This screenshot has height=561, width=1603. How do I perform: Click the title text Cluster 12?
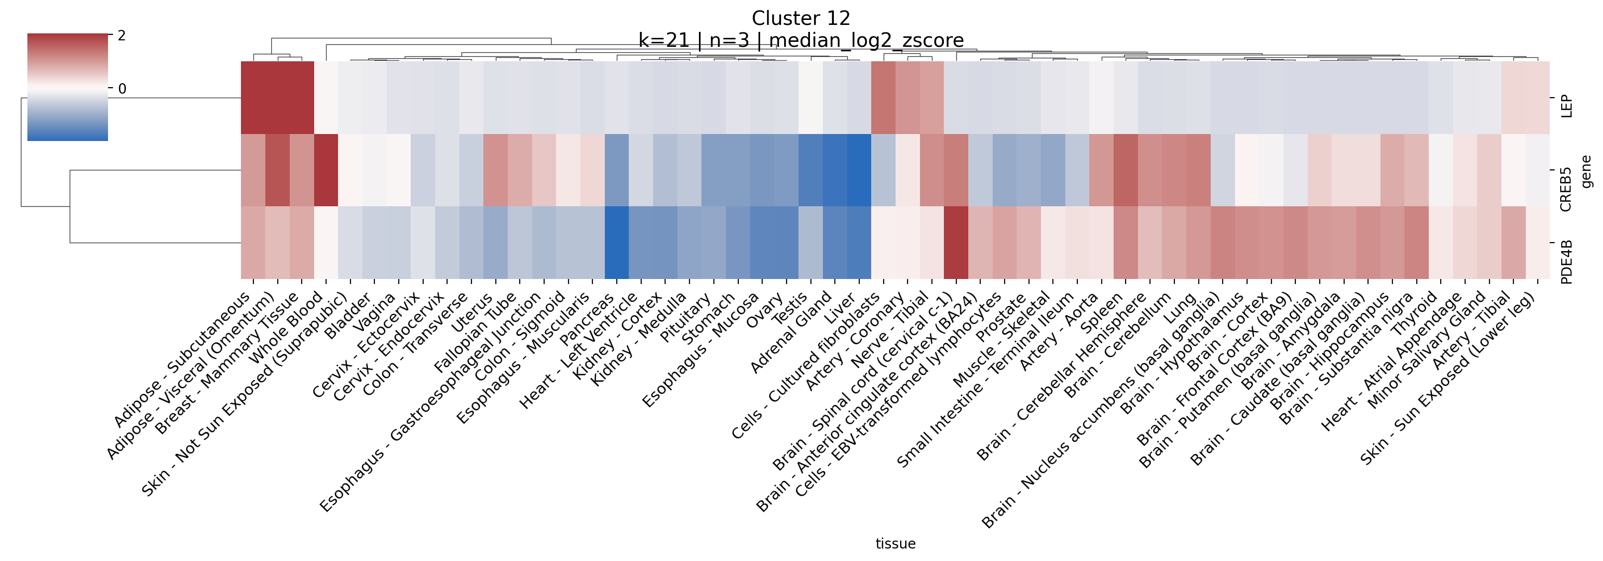(801, 18)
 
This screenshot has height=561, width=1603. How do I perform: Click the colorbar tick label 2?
(122, 36)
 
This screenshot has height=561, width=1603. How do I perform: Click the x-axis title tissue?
(895, 544)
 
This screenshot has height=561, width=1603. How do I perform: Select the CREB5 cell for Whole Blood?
(326, 170)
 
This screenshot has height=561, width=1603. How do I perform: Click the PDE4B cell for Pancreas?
(617, 243)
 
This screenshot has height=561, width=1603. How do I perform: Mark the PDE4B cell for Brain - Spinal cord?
(956, 243)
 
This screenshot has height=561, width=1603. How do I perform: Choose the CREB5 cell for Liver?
(859, 170)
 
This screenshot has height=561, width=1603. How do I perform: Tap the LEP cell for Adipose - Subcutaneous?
(253, 98)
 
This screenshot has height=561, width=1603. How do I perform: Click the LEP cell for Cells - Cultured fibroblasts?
(883, 98)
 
